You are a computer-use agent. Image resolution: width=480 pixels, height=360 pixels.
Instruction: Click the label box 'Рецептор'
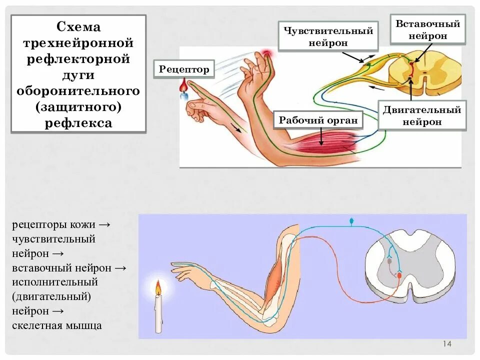point(184,69)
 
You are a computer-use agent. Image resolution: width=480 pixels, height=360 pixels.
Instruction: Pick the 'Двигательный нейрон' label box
point(421,115)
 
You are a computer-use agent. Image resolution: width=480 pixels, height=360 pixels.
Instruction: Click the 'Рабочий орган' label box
point(318,120)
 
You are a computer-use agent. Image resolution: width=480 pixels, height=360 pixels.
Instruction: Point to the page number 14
point(447,344)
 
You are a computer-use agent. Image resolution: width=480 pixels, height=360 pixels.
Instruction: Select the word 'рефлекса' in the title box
point(78,123)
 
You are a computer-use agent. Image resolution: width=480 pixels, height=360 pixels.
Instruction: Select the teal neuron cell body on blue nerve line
point(351,220)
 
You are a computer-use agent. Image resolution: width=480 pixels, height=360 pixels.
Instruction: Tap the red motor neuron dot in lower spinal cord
point(399,274)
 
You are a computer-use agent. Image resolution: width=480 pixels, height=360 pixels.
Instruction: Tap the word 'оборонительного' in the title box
point(78,91)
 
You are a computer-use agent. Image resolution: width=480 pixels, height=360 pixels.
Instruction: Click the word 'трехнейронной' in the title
point(78,43)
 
